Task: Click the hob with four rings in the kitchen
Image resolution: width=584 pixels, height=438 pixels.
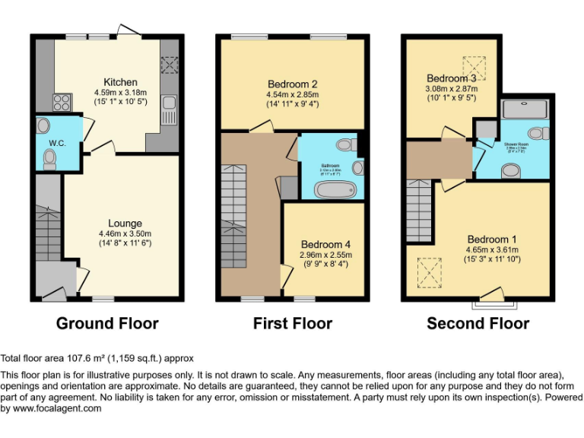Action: [x=62, y=102]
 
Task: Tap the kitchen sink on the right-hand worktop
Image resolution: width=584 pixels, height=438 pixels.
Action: [x=168, y=110]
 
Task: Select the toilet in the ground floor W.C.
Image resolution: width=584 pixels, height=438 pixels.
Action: [x=50, y=157]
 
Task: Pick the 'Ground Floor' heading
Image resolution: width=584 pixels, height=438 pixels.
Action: [x=107, y=323]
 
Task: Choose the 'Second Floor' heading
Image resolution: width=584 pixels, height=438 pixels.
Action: [x=478, y=323]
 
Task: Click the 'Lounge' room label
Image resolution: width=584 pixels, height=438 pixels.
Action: [x=119, y=223]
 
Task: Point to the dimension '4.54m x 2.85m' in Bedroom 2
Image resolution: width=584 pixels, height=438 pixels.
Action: [x=293, y=95]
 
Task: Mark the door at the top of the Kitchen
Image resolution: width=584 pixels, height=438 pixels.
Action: [x=125, y=31]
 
